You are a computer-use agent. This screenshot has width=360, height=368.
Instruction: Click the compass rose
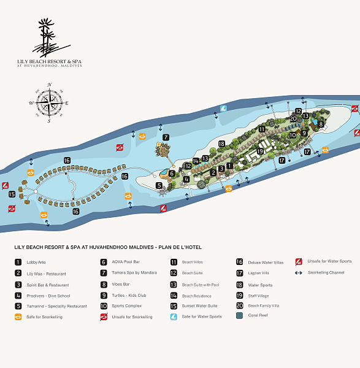[50, 102]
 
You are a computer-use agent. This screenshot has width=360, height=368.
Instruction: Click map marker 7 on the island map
[166, 137]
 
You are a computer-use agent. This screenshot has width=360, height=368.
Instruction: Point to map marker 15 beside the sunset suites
[12, 194]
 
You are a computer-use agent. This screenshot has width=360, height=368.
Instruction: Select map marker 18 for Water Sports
[221, 144]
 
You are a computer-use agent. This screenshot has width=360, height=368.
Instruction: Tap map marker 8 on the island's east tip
[320, 124]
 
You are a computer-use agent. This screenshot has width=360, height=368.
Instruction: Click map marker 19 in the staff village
[260, 151]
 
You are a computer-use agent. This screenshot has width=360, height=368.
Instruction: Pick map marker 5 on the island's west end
[159, 185]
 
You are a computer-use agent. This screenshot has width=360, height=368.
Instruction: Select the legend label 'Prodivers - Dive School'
[44, 296]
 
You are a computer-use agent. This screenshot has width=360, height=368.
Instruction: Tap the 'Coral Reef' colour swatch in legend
[239, 316]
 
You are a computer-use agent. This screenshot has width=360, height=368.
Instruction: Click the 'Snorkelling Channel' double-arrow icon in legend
[299, 273]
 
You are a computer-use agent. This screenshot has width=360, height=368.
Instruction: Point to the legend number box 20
[239, 305]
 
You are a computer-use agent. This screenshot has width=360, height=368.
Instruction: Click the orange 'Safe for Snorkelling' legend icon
[18, 317]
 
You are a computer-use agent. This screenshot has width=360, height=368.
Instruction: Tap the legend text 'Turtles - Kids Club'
[129, 295]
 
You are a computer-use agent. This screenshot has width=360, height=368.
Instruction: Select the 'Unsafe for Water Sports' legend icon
[299, 261]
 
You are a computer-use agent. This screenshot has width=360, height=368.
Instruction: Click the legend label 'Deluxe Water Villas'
[266, 262]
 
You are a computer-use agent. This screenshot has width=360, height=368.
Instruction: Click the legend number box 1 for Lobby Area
[18, 262]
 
